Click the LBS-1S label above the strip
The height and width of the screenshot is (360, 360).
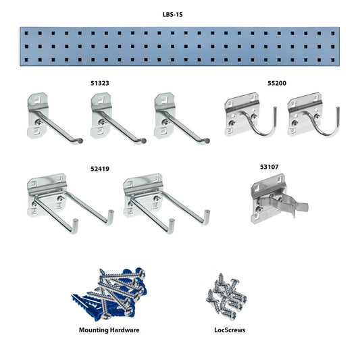173,15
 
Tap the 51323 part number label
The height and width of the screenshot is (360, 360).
100,83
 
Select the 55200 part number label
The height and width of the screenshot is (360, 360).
277,83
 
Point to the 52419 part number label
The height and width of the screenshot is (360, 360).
100,169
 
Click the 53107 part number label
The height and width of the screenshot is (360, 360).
269,167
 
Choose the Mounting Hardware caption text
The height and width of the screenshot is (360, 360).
109,330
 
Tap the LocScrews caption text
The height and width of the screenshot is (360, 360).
230,330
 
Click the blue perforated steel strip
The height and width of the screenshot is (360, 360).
180,47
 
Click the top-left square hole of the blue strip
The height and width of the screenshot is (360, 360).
26,34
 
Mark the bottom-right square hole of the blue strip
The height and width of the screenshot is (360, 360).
333,60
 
